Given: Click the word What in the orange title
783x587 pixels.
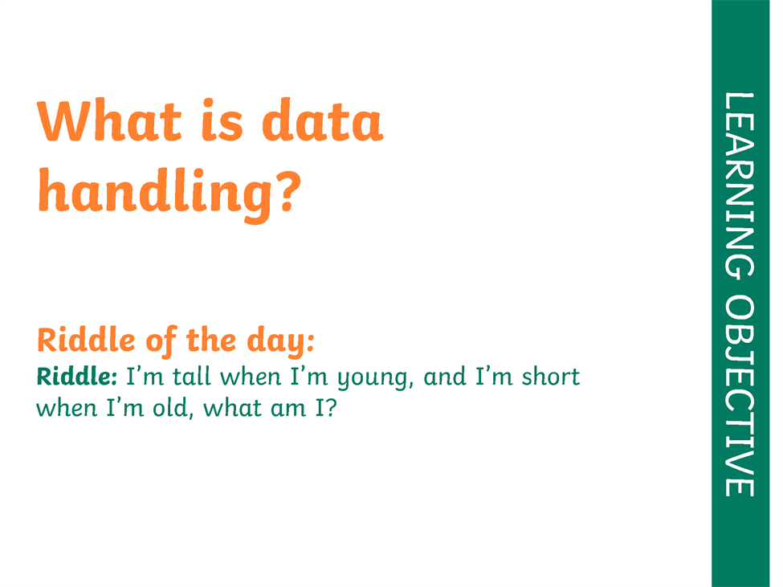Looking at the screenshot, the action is [x=109, y=120].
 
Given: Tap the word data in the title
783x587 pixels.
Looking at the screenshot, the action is [x=323, y=120].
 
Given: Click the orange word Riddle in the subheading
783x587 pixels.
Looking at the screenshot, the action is [x=86, y=340].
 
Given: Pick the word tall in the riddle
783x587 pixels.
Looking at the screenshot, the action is [x=192, y=377].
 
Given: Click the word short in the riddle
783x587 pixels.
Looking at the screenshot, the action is [x=551, y=377].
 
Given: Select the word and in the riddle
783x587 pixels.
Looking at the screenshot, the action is [x=444, y=377].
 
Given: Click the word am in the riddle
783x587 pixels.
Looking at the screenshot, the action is [x=288, y=410].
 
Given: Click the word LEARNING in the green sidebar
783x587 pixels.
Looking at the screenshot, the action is [x=740, y=185].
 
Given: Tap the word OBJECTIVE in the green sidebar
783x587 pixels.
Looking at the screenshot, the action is [x=740, y=396].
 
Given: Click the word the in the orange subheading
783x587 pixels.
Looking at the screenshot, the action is [x=211, y=340].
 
